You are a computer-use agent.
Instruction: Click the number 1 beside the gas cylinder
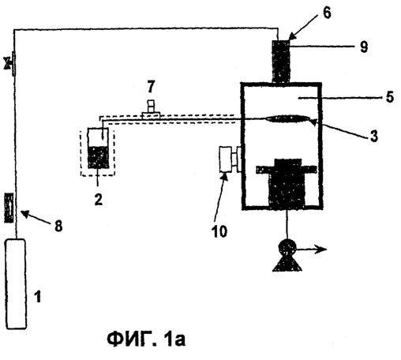[x=38, y=297]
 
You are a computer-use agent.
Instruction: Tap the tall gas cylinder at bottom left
[x=16, y=283]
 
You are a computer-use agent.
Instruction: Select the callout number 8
[x=58, y=226]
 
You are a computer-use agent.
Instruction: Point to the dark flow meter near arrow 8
[x=9, y=208]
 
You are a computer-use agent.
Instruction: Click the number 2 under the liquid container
[x=98, y=200]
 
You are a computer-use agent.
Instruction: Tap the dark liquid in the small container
[x=98, y=157]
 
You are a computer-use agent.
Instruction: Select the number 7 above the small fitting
[x=151, y=86]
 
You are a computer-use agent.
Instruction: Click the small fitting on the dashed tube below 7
[x=151, y=111]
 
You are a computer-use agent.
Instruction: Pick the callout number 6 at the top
[x=327, y=13]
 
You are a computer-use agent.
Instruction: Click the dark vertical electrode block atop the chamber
[x=281, y=61]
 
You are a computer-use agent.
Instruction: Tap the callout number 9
[x=364, y=47]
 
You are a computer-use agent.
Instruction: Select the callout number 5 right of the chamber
[x=390, y=96]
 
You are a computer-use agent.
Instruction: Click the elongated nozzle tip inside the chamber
[x=287, y=118]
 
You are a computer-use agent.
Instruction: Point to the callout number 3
[x=373, y=136]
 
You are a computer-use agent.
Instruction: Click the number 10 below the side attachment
[x=219, y=231]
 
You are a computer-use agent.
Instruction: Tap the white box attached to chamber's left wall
[x=226, y=159]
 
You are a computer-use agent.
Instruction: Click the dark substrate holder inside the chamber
[x=287, y=183]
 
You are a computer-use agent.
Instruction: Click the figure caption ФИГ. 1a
[x=146, y=339]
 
